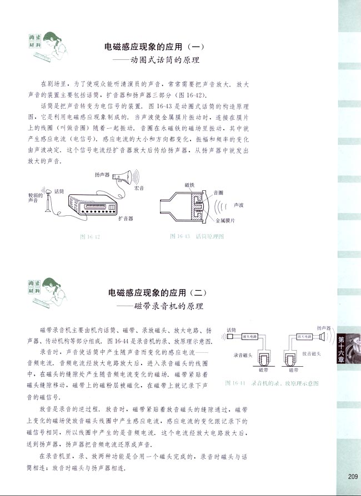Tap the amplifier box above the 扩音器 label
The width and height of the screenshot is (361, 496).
[92, 205]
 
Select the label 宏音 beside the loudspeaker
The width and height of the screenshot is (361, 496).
[139, 189]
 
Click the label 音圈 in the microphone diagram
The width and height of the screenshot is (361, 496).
[218, 193]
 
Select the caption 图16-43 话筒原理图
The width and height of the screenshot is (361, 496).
[196, 236]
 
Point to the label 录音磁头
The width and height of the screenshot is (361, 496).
[242, 355]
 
